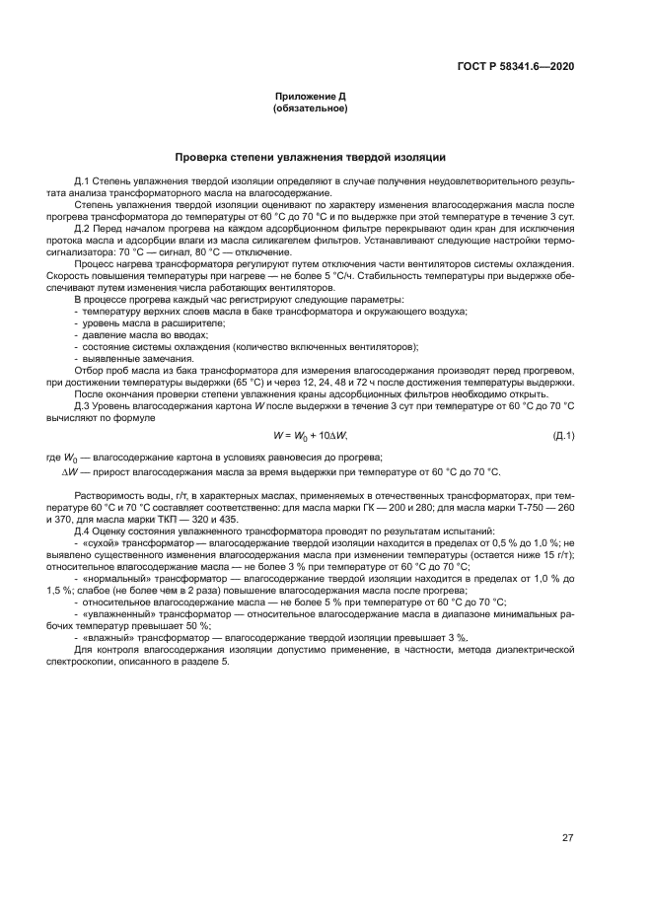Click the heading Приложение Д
pos(310,97)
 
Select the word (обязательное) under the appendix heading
pos(310,108)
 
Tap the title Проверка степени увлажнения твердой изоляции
pos(310,157)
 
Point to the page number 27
pos(567,838)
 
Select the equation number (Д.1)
pos(563,436)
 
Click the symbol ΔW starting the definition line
pos(71,472)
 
